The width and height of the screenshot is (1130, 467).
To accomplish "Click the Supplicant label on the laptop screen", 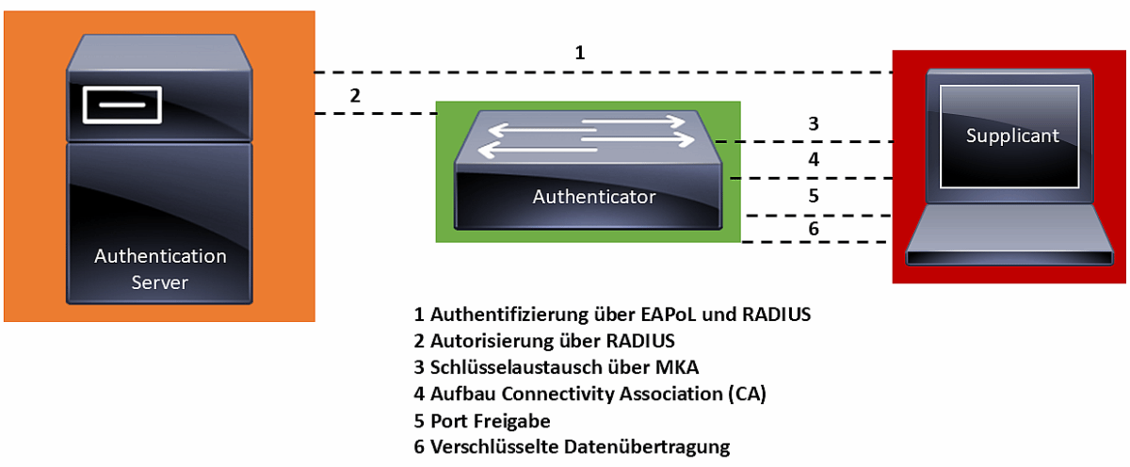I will point(1012,136).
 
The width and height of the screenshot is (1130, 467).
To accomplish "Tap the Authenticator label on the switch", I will point(594,197).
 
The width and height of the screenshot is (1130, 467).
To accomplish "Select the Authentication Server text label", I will point(160,268).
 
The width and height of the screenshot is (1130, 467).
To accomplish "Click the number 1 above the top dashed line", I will point(580,53).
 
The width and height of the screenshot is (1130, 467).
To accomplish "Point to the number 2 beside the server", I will point(354,95).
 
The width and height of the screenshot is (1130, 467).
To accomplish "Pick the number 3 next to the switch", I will point(813,123).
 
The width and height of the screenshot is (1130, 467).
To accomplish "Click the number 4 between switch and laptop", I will point(813,160).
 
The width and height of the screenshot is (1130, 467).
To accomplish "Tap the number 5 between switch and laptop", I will point(813,197).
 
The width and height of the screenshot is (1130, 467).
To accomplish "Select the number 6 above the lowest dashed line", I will point(813,229).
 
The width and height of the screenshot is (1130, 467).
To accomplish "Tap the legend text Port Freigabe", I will point(490,420).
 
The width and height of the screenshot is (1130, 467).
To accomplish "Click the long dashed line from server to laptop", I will point(603,72).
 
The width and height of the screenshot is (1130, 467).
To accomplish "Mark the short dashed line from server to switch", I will point(377,114).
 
